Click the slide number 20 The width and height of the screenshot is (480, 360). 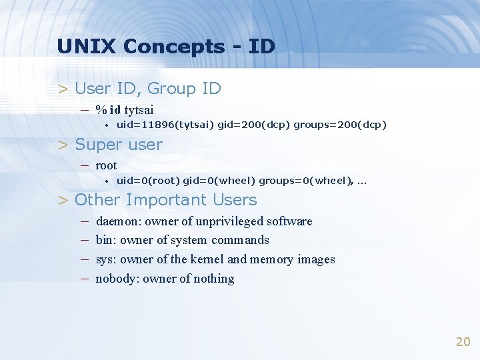[x=463, y=342]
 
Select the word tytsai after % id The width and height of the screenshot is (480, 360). [x=139, y=109]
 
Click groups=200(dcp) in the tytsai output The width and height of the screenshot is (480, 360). [x=340, y=125]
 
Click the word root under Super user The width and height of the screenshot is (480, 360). [x=106, y=165]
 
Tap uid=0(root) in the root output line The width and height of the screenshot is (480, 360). [x=147, y=181]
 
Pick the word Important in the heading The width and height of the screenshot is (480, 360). [x=166, y=200]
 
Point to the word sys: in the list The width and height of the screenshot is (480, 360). [x=107, y=259]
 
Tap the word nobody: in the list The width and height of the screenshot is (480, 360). [x=117, y=279]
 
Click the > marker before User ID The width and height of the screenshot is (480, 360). [x=63, y=89]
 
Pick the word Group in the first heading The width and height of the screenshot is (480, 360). [x=171, y=89]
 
